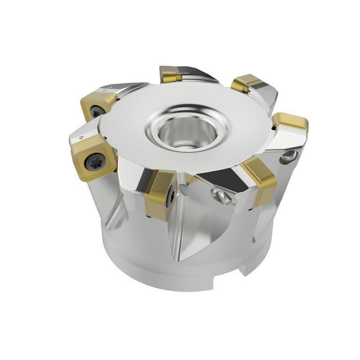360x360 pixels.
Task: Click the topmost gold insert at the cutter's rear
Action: (x=171, y=74)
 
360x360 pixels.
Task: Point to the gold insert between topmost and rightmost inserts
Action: (x=247, y=84)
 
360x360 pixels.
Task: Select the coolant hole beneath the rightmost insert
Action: (x=288, y=156)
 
